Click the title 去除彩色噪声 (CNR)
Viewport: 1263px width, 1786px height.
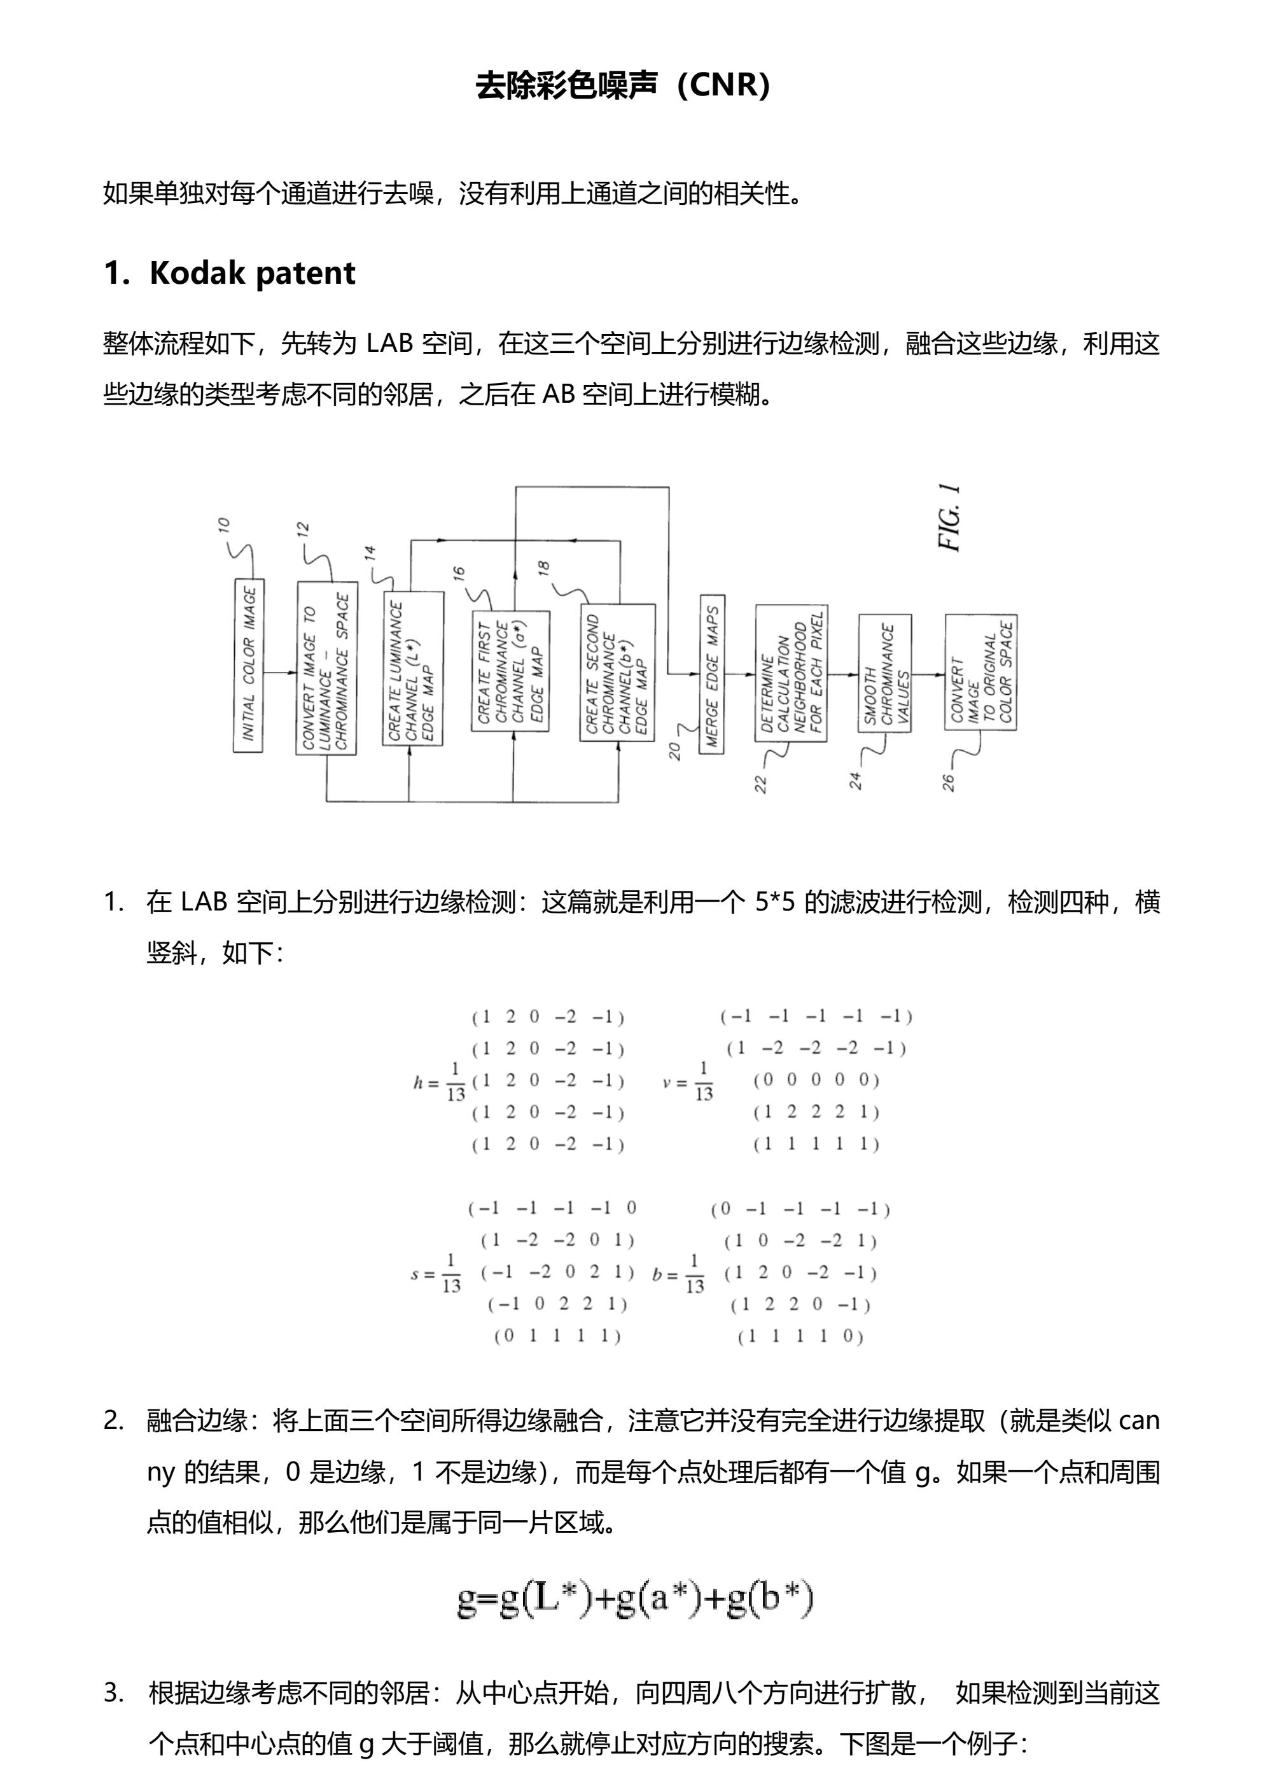click(623, 85)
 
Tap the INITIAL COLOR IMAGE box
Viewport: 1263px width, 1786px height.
click(248, 665)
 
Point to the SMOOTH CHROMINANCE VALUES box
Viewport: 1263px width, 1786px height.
click(885, 673)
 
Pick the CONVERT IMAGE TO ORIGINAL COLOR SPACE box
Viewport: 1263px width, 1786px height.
click(980, 672)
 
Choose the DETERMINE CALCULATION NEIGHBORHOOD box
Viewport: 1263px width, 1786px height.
click(791, 673)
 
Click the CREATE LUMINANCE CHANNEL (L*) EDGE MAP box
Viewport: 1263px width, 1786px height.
click(412, 668)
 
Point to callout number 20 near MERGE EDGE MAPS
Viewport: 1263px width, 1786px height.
click(674, 751)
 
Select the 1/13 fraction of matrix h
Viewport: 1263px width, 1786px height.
click(455, 1082)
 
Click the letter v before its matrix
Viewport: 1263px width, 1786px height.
click(667, 1082)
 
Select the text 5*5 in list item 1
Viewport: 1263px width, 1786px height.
click(774, 902)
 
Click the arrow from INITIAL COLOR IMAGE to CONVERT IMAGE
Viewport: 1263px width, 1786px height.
click(279, 671)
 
